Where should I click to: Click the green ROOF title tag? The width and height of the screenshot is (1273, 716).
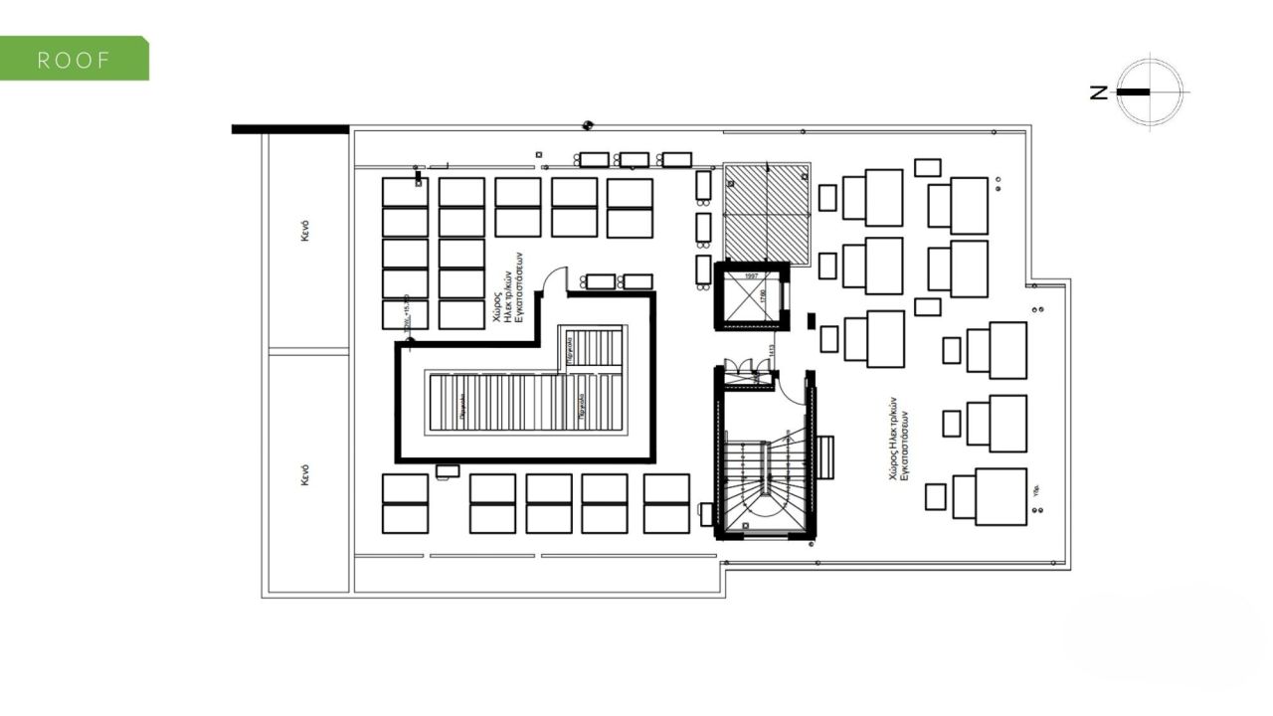pyautogui.click(x=74, y=59)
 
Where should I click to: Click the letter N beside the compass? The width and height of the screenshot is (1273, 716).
pyautogui.click(x=1099, y=92)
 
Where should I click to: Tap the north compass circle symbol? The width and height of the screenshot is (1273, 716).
pyautogui.click(x=1150, y=91)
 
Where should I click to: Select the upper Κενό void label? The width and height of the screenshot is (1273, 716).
pyautogui.click(x=307, y=231)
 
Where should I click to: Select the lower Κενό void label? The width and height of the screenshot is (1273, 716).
pyautogui.click(x=307, y=473)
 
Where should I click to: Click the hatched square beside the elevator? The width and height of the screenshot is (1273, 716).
pyautogui.click(x=767, y=209)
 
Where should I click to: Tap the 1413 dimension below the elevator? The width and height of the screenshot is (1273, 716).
pyautogui.click(x=771, y=354)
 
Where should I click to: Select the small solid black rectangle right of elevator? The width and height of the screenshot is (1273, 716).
pyautogui.click(x=812, y=320)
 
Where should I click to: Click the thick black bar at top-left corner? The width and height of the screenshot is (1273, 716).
pyautogui.click(x=289, y=129)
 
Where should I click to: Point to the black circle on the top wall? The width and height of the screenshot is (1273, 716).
pyautogui.click(x=588, y=125)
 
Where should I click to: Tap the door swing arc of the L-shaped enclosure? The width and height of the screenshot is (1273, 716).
pyautogui.click(x=555, y=278)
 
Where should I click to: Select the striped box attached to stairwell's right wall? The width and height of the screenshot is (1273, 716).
pyautogui.click(x=825, y=457)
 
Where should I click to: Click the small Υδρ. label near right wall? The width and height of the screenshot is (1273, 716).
pyautogui.click(x=1036, y=489)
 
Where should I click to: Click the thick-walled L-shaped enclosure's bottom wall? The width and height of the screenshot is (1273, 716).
pyautogui.click(x=525, y=459)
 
